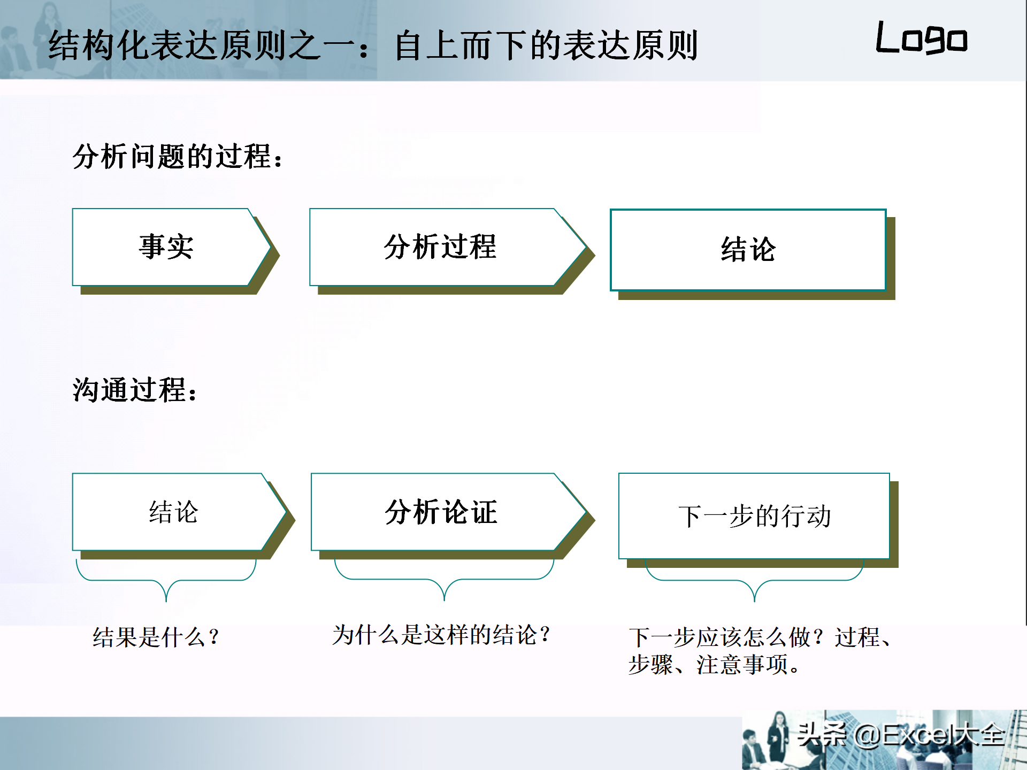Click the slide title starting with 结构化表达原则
[373, 45]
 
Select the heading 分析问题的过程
[178, 157]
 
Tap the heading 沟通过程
[135, 389]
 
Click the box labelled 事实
[171, 247]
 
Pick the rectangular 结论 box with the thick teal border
[748, 250]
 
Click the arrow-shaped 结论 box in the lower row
[179, 512]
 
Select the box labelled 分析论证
[449, 512]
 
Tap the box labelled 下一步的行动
[754, 516]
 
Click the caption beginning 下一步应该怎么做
[760, 651]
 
